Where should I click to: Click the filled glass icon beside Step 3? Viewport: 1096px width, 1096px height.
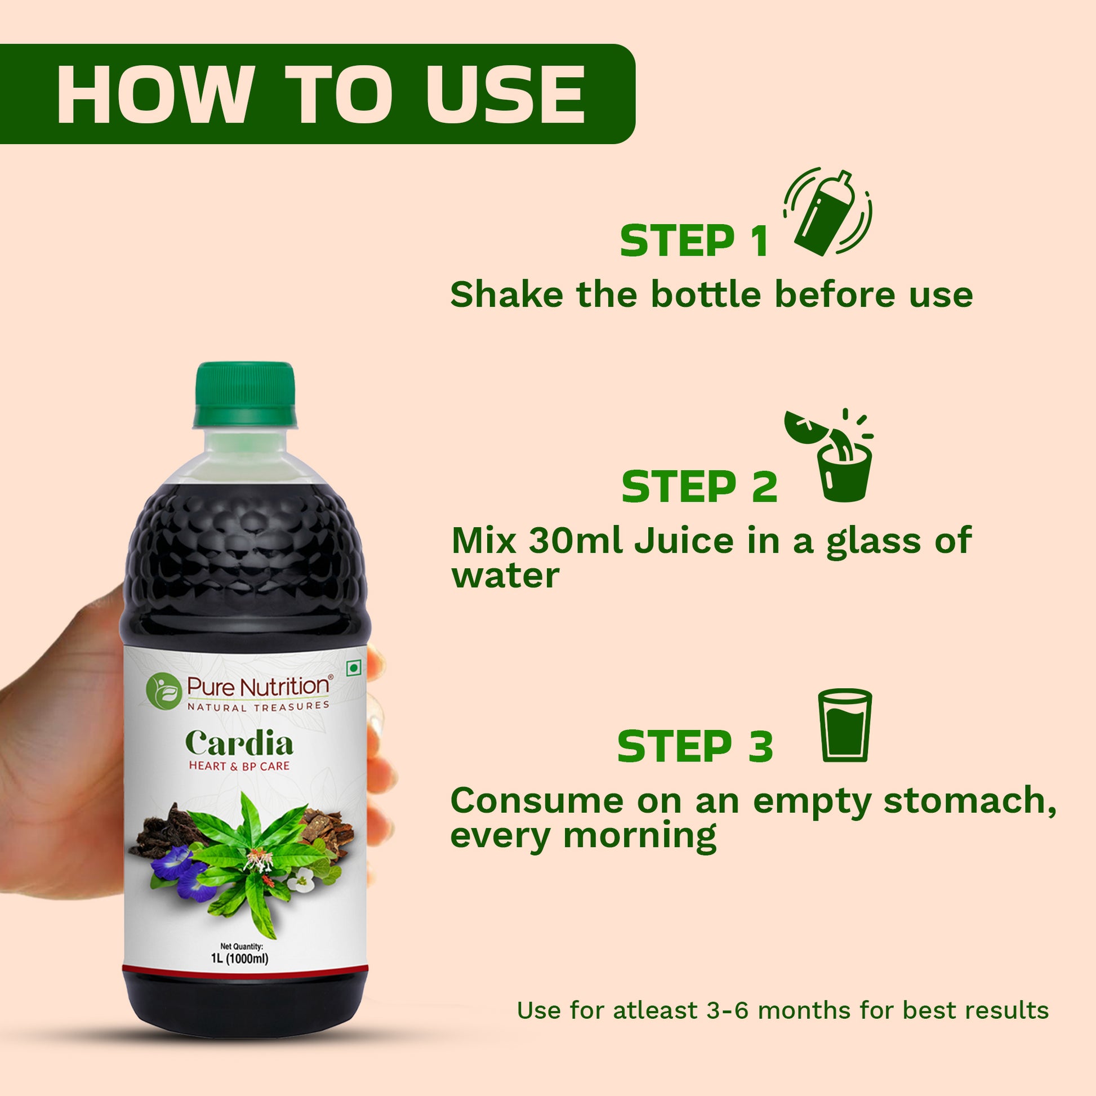[x=844, y=727]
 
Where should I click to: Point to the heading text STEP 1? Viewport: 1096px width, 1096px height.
[x=693, y=242]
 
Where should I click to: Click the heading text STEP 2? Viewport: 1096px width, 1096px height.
[x=699, y=487]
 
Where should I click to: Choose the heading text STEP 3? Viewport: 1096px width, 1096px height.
[x=695, y=747]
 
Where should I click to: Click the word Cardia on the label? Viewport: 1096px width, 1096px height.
[x=239, y=743]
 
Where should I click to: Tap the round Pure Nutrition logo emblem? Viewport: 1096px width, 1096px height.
[x=164, y=689]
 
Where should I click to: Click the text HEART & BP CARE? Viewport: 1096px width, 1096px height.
[x=239, y=767]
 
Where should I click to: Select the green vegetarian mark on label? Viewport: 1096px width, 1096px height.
[x=354, y=669]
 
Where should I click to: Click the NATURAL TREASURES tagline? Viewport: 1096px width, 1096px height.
[x=258, y=707]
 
